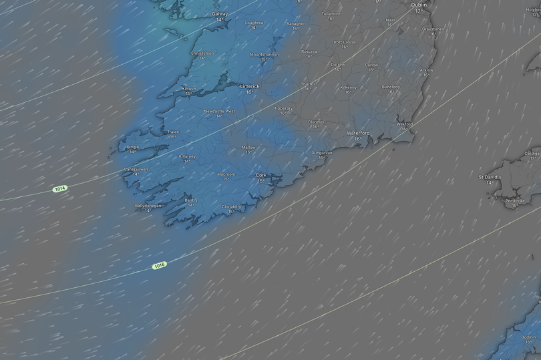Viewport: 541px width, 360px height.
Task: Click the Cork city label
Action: pos(260,175)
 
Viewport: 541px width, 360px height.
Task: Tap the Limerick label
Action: pos(250,86)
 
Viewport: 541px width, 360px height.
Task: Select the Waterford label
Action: pos(358,133)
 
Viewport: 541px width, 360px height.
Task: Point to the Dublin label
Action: pos(419,4)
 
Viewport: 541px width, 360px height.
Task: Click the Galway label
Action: pos(219,14)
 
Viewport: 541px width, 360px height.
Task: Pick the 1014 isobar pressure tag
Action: pos(60,189)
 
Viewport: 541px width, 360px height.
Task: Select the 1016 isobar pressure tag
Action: pos(159,266)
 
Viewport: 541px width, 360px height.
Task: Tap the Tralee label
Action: pos(173,132)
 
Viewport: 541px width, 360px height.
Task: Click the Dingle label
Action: pos(133,147)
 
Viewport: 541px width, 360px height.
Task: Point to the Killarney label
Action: pos(188,156)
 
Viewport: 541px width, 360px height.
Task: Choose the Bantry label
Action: pos(191,200)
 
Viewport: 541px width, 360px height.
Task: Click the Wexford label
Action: pos(405,124)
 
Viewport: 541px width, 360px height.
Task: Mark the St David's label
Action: pos(490,177)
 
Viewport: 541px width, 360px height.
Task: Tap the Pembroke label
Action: pos(514,200)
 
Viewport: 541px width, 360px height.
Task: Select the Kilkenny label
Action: pos(348,87)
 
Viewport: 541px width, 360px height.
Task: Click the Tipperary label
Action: pos(283,108)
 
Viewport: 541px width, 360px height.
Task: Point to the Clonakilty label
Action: pos(231,206)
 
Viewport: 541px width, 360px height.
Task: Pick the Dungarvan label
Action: pos(321,153)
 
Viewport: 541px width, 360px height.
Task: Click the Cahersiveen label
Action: pos(136,170)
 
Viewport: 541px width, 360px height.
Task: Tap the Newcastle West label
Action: pos(219,111)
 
